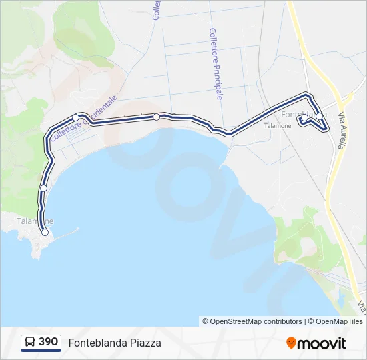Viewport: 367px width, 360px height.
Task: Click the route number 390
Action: pyautogui.click(x=48, y=342)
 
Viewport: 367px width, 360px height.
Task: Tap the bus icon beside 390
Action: pyautogui.click(x=30, y=343)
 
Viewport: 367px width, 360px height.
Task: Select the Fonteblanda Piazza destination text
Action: pyautogui.click(x=115, y=343)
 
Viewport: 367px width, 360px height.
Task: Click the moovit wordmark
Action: pyautogui.click(x=322, y=343)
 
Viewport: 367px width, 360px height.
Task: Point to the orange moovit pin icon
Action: pyautogui.click(x=292, y=343)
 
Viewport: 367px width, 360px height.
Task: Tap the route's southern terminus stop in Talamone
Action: pyautogui.click(x=45, y=232)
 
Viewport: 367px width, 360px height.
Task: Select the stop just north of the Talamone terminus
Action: pyautogui.click(x=43, y=188)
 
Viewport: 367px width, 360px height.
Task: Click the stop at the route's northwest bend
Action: pyautogui.click(x=76, y=118)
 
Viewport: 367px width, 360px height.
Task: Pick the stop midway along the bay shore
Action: pyautogui.click(x=156, y=117)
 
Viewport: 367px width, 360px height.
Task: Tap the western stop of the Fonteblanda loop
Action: pyautogui.click(x=304, y=118)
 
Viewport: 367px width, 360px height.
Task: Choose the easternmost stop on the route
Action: pyautogui.click(x=320, y=117)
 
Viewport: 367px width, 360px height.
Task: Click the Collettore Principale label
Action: pyautogui.click(x=216, y=63)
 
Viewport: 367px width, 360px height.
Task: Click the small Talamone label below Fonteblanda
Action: pyautogui.click(x=278, y=125)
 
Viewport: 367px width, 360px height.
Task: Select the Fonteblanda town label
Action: pyautogui.click(x=304, y=113)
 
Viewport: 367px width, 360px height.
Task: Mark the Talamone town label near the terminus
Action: pyautogui.click(x=35, y=221)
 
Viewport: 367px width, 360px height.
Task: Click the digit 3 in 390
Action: pyautogui.click(x=42, y=342)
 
